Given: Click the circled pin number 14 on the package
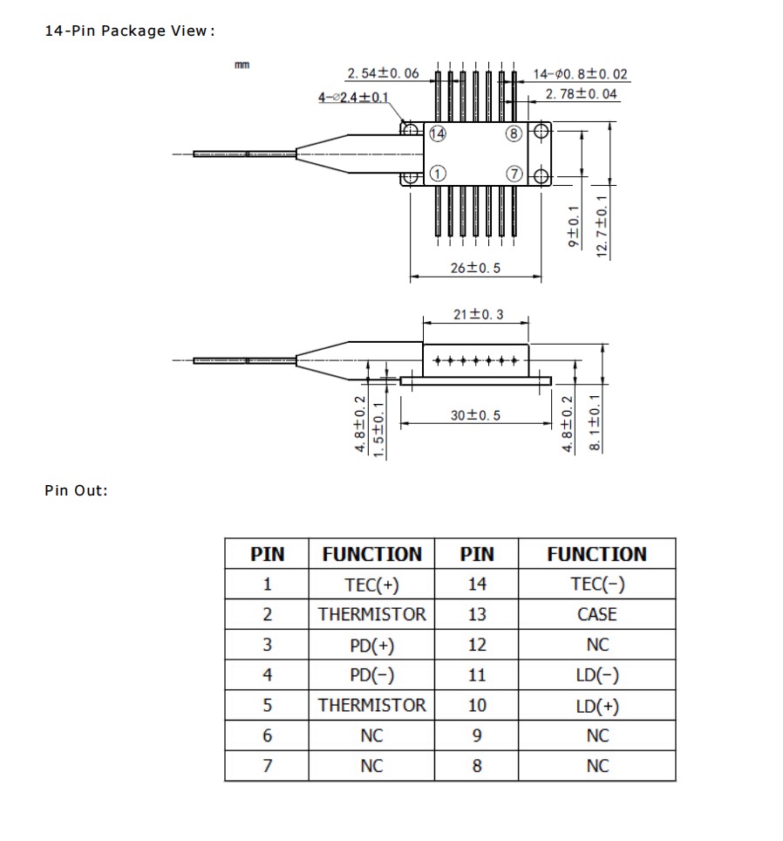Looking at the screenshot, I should pos(437,133).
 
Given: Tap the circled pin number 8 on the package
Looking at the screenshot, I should pos(514,133).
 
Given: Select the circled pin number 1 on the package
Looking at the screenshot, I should pos(437,173).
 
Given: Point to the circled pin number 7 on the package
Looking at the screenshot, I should pos(514,173).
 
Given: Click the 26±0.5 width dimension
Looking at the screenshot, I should pos(475,268).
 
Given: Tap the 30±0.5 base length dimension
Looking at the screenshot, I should pos(475,415).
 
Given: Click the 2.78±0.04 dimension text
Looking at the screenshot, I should pos(581,94).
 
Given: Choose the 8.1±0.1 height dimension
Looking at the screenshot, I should pos(596,423).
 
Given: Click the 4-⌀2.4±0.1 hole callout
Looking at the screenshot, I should pos(353,97).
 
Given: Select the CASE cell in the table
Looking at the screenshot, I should pos(596,614).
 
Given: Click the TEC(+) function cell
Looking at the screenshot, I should pos(371,584).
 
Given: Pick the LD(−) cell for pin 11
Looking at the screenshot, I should pos(596,675).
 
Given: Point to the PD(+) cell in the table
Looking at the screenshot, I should pos(371,645).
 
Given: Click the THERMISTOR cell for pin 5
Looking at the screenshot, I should pos(371,705).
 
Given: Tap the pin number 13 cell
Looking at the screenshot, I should pos(476,614).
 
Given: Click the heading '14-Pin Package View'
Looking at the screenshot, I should pos(129,31).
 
